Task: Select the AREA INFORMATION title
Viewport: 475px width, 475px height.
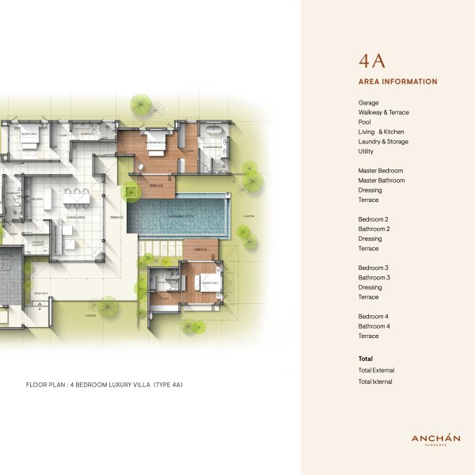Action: (397, 82)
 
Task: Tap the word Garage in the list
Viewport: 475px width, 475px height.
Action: (368, 103)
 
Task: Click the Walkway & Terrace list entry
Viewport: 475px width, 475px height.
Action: (383, 112)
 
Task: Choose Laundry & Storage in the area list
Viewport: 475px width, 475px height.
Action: (383, 142)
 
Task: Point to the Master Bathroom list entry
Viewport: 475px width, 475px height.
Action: (381, 180)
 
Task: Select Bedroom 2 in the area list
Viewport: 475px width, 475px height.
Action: (373, 219)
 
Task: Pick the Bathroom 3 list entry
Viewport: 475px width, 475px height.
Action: (374, 278)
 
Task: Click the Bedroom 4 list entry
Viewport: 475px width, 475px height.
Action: (374, 317)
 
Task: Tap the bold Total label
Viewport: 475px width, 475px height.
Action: (366, 359)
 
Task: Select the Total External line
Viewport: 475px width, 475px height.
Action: (376, 370)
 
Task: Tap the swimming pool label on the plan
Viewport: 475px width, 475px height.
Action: (180, 215)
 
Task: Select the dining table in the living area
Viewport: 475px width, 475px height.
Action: (76, 194)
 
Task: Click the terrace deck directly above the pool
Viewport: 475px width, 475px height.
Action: (156, 186)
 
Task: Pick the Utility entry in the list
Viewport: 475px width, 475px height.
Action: (366, 151)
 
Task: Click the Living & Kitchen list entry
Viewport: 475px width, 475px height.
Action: (381, 131)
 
